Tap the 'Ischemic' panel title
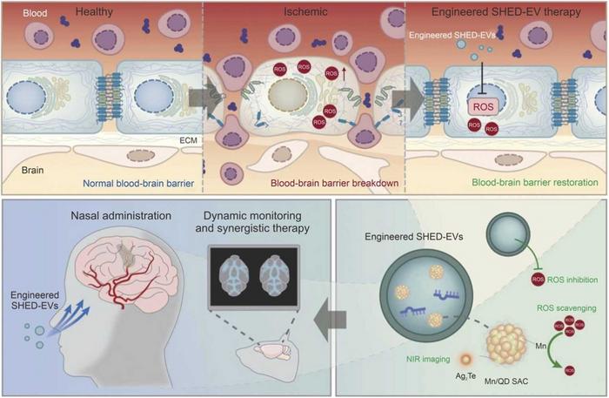(x=304, y=13)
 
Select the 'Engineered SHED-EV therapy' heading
(x=505, y=13)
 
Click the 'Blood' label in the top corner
(x=22, y=13)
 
